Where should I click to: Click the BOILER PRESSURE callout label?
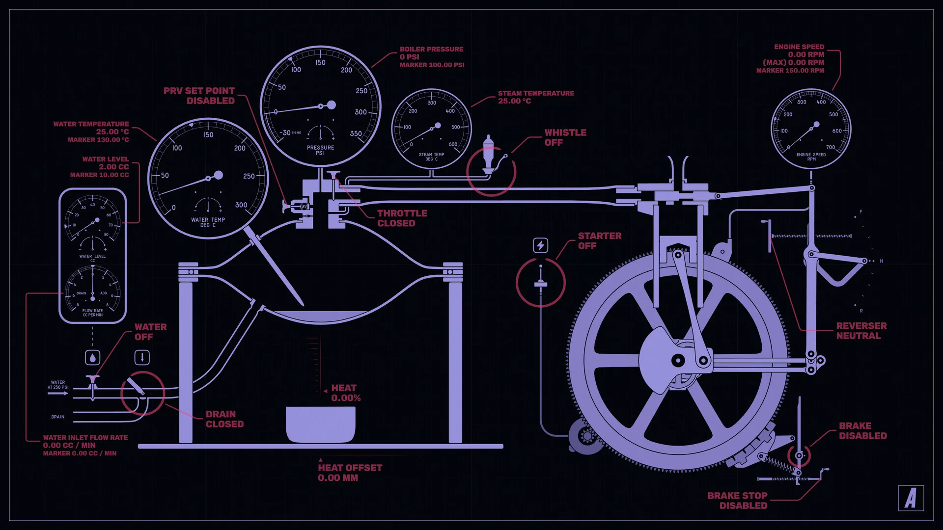point(431,56)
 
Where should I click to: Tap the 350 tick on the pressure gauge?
point(356,133)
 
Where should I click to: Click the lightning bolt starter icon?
point(540,245)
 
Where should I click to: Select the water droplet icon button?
point(92,357)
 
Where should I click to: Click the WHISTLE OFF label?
point(565,137)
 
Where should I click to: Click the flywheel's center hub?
point(678,361)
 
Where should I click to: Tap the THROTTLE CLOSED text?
point(402,218)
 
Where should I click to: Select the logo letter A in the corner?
point(911,498)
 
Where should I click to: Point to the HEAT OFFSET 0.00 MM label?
point(350,473)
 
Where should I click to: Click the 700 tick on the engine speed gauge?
point(830,147)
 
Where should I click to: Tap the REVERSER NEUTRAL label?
point(861,331)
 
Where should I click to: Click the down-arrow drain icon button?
point(142,357)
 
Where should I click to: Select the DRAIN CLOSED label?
point(224,419)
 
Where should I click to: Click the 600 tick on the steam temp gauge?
point(452,144)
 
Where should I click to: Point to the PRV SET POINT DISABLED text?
point(199,96)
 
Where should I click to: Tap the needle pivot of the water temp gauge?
point(218,175)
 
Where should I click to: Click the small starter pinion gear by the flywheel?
point(587,435)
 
